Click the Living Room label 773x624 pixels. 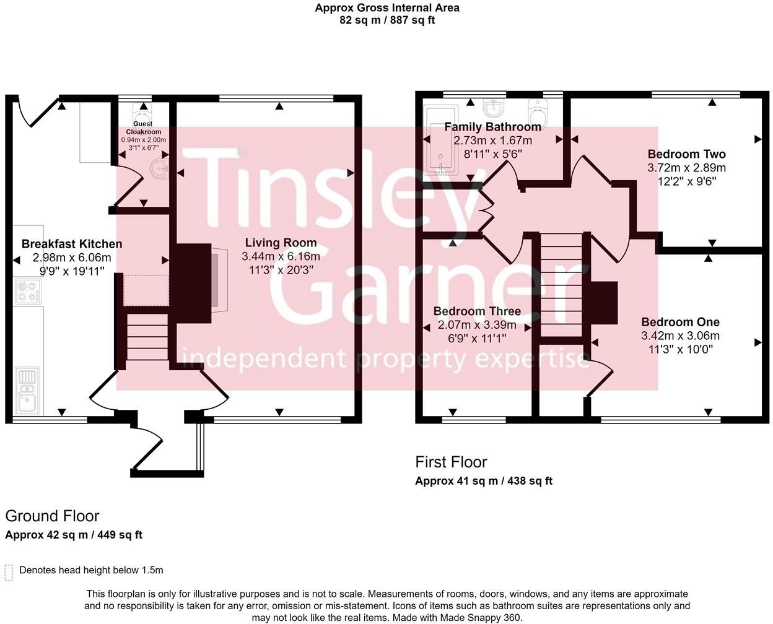coord(281,243)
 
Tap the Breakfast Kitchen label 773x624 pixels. coord(72,244)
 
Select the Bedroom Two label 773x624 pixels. coord(686,154)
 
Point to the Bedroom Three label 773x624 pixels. coord(477,311)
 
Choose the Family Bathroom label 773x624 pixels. coord(492,127)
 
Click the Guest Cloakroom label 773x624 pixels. coord(143,128)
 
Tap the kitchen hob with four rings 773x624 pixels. coord(28,291)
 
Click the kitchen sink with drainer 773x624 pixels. coord(27,391)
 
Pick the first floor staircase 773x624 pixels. coord(561,285)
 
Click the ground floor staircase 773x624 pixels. coord(147,337)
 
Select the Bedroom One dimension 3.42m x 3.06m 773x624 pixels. coord(680,336)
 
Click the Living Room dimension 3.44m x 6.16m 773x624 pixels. coord(281,257)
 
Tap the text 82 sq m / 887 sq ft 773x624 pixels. coord(387,20)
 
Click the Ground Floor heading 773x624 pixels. coord(52,516)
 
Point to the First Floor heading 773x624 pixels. coord(451,462)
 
